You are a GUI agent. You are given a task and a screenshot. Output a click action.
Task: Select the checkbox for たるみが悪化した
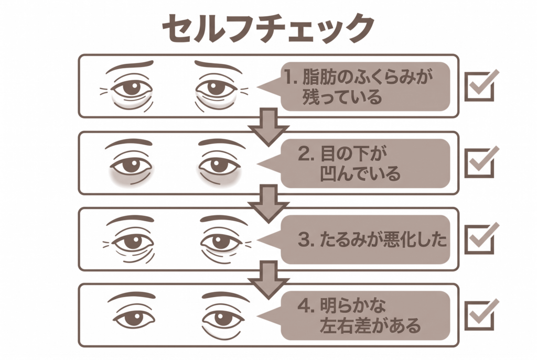click(479, 240)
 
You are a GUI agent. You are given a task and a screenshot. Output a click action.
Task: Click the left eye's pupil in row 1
click(132, 89)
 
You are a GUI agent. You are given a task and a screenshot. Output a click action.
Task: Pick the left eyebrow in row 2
click(128, 143)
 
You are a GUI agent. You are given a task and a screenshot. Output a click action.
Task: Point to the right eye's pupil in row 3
click(220, 242)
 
